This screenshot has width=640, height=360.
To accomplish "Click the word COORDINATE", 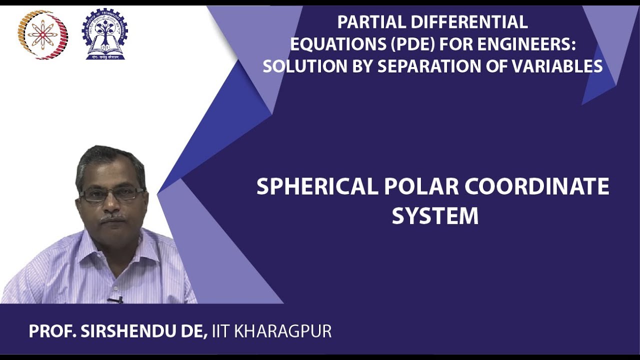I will point(537,187).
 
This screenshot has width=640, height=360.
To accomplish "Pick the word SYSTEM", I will point(435,216).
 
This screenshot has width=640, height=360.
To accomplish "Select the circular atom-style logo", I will point(42,35).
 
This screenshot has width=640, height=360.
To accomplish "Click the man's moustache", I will point(113,219).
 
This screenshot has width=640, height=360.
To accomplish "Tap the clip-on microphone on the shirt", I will point(115,300).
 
